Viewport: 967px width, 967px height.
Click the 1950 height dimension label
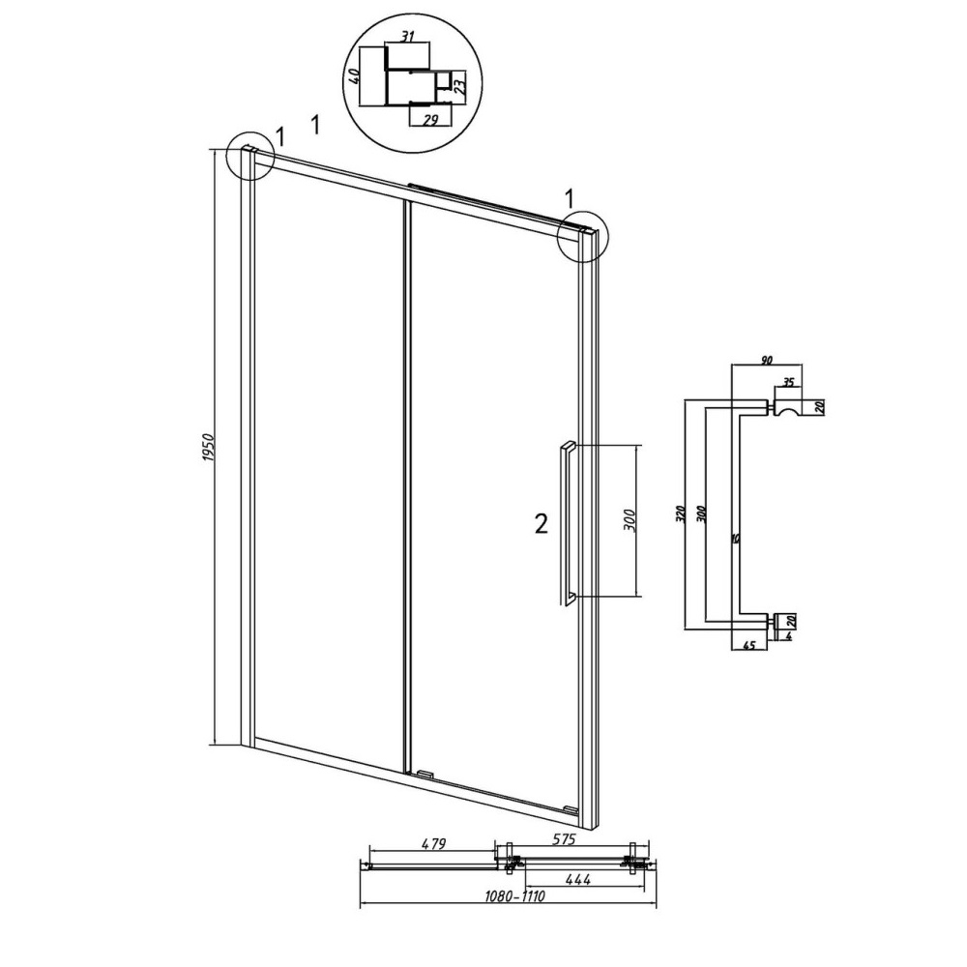click(207, 449)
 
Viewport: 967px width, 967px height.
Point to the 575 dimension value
click(561, 839)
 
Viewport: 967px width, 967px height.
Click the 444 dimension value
click(577, 879)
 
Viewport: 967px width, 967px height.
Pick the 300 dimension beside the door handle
click(630, 522)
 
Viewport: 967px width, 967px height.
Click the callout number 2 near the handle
click(541, 524)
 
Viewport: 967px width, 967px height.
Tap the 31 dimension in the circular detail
click(407, 37)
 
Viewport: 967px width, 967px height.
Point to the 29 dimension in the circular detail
click(430, 120)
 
